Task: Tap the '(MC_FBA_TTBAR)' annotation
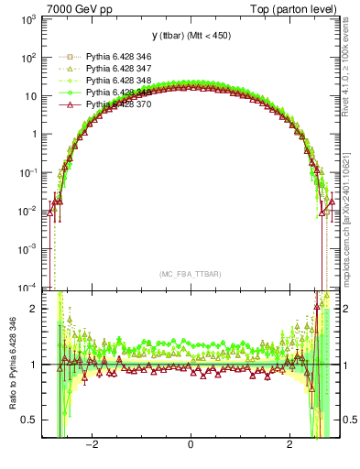pos(190,275)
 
